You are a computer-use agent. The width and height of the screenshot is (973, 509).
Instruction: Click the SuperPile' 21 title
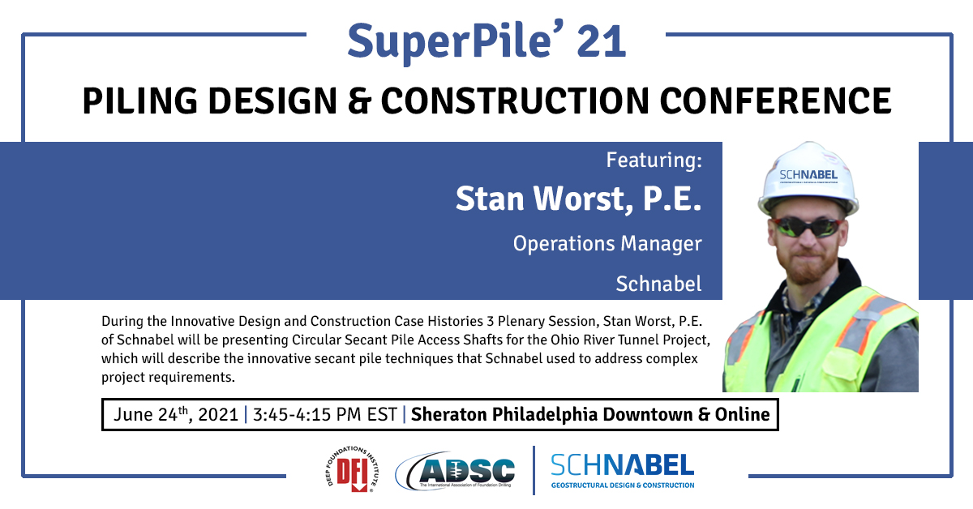[486, 41]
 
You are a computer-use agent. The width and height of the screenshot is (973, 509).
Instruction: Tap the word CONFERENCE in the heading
[775, 101]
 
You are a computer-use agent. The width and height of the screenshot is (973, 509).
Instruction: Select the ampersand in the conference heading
[358, 101]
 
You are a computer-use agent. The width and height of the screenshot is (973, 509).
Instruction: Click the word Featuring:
[654, 160]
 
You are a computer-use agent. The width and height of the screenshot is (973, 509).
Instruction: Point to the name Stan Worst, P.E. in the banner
[579, 199]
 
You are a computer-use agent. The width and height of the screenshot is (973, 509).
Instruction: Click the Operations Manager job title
[607, 244]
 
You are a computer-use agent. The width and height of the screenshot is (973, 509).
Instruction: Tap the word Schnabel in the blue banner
[658, 284]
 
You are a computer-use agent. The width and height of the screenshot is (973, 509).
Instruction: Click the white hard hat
[808, 179]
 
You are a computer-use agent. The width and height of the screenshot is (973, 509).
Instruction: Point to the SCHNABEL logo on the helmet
[808, 175]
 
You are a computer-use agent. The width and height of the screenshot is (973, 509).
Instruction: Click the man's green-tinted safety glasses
[808, 228]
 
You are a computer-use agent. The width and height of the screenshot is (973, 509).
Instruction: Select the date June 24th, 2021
[176, 414]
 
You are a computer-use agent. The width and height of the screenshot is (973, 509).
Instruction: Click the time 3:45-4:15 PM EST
[325, 415]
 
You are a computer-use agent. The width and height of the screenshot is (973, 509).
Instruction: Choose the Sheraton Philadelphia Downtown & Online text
[590, 415]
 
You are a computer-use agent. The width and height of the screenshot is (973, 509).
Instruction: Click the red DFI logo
[352, 469]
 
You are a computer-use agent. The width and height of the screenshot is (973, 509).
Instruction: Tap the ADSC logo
[455, 470]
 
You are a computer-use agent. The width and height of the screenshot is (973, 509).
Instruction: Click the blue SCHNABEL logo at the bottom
[623, 466]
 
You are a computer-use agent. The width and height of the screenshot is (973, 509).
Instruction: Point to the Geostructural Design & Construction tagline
[623, 485]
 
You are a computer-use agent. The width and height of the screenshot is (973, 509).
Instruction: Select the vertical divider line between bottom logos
[534, 470]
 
